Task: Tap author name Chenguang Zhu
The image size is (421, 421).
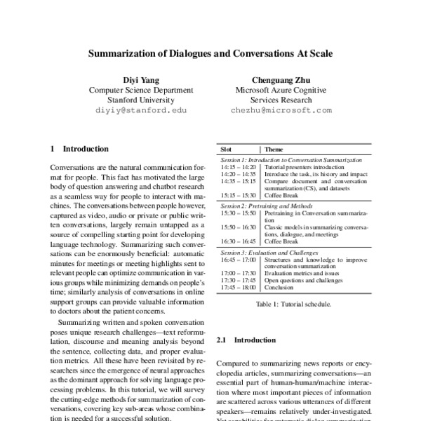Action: pos(281,79)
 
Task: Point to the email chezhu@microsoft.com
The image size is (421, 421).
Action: pos(281,111)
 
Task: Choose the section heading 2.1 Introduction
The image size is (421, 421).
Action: pos(246,340)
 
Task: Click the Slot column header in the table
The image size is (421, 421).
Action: pos(226,149)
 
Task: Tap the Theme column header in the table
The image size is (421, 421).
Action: pos(274,149)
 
